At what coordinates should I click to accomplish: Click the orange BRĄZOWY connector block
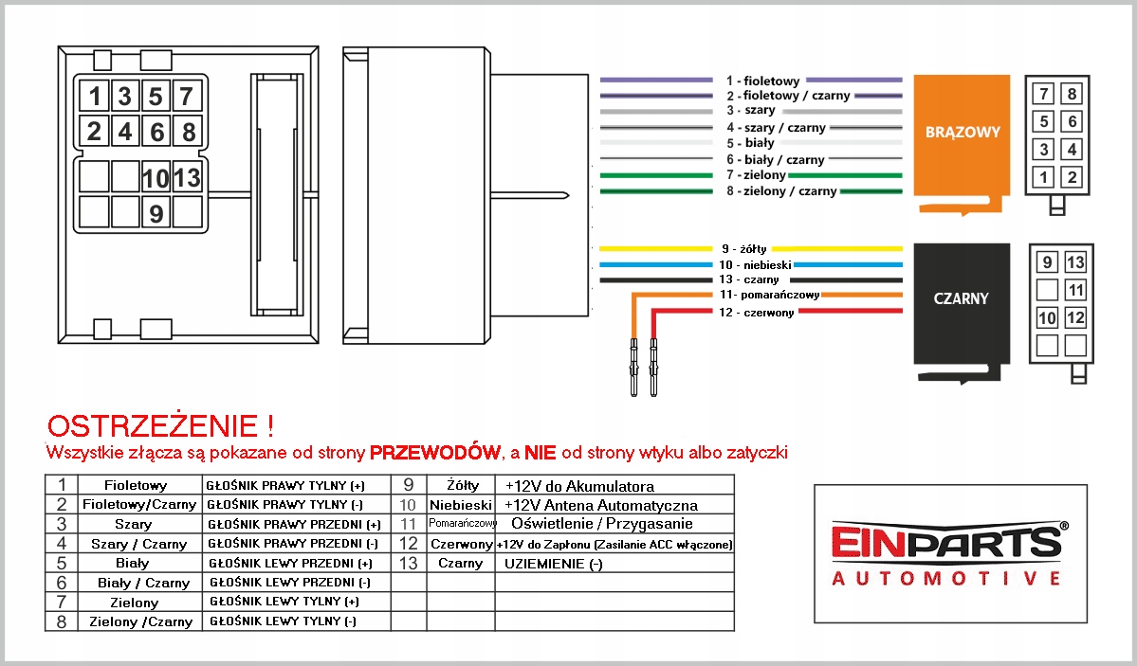962,134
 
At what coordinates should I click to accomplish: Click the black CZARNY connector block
961,299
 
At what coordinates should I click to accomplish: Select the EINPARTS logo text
946,541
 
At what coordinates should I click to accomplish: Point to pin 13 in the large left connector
187,177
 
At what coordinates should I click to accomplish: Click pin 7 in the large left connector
187,96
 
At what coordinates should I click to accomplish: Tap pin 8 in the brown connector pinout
1072,95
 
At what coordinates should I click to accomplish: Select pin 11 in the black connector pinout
1074,290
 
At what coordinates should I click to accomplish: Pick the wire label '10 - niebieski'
754,264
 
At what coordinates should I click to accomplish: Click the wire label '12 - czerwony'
756,313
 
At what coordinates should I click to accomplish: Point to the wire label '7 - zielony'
756,175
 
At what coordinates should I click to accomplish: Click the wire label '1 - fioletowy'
762,81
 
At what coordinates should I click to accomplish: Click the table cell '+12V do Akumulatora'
578,486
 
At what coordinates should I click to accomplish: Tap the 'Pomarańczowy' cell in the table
462,523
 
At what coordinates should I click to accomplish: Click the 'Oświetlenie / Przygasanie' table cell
601,524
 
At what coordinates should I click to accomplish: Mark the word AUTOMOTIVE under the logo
946,578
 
